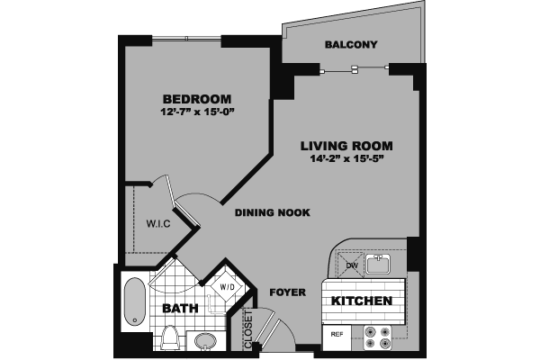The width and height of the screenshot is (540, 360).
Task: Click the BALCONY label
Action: pyautogui.click(x=351, y=45)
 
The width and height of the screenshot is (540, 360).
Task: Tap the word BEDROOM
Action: pyautogui.click(x=196, y=99)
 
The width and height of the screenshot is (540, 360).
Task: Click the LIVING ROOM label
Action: pyautogui.click(x=346, y=146)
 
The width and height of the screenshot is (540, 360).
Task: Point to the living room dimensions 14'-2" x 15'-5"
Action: pyautogui.click(x=346, y=160)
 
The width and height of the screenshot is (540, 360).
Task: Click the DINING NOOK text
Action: pyautogui.click(x=272, y=213)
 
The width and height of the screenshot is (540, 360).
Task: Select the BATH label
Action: pyautogui.click(x=179, y=309)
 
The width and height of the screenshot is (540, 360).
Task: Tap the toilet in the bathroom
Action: pyautogui.click(x=170, y=337)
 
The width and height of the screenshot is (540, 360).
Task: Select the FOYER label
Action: pyautogui.click(x=288, y=292)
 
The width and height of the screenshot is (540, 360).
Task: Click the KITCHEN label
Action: pyautogui.click(x=361, y=301)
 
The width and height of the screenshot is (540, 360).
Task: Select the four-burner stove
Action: pyautogui.click(x=378, y=337)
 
